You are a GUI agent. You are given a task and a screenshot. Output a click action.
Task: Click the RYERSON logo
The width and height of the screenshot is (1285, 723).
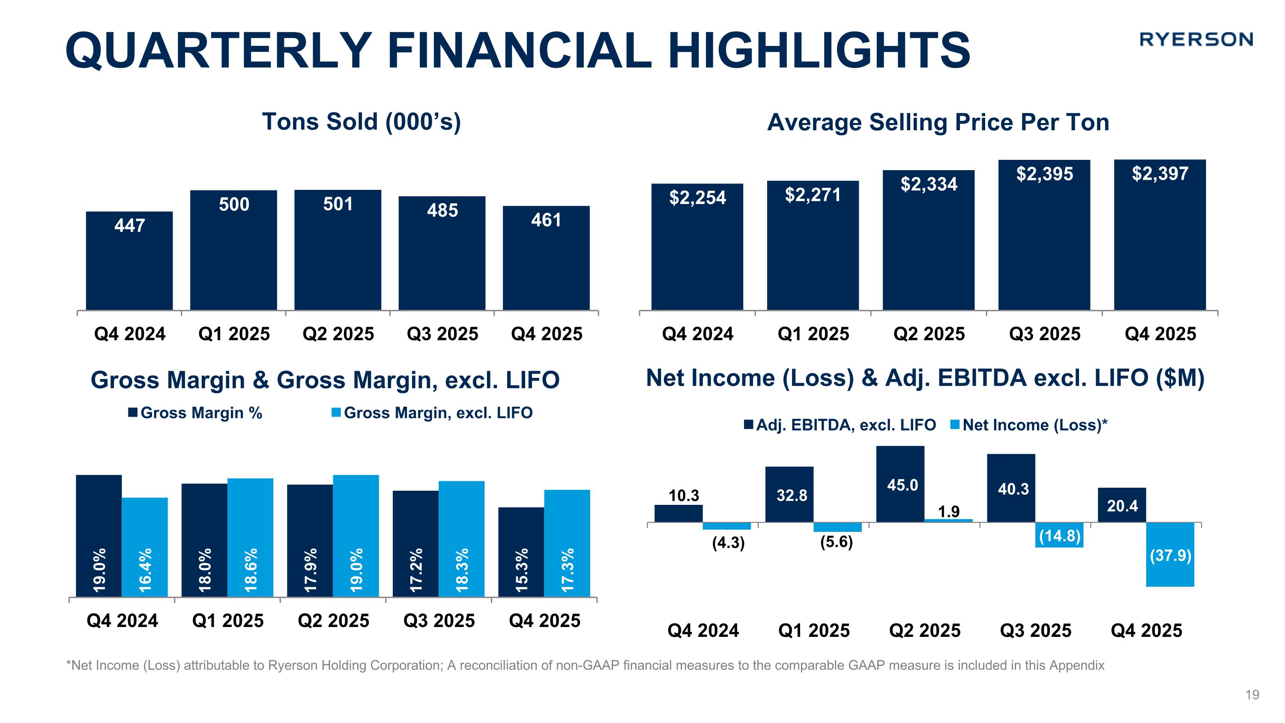(x=1196, y=39)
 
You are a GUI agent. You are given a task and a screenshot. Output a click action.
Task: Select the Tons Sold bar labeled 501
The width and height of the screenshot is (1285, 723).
(x=338, y=249)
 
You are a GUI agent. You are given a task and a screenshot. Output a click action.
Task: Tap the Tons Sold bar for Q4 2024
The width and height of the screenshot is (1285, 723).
(x=129, y=261)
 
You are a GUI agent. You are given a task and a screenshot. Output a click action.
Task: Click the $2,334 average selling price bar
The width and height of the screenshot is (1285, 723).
(x=928, y=240)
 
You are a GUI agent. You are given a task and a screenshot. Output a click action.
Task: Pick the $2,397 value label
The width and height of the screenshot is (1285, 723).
(x=1160, y=174)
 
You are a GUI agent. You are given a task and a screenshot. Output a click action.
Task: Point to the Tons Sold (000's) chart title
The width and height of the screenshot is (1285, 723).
(x=362, y=122)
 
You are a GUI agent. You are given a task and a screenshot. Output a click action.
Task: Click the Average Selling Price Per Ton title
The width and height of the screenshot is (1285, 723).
(x=938, y=123)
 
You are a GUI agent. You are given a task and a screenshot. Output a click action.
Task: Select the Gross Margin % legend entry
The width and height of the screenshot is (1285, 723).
(x=196, y=413)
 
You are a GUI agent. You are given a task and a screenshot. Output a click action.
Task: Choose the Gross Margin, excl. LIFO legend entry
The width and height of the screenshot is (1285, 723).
(x=433, y=413)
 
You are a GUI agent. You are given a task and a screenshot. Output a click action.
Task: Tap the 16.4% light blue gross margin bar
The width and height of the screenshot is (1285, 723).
(x=145, y=546)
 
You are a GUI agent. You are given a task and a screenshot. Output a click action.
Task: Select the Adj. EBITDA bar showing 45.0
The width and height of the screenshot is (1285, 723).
(x=900, y=484)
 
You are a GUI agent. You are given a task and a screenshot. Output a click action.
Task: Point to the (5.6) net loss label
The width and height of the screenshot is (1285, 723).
(x=837, y=541)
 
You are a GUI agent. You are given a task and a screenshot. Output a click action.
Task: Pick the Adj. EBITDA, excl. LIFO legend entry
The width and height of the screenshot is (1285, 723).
(x=840, y=425)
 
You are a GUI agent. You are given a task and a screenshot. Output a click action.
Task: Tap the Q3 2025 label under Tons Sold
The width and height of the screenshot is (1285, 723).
(x=442, y=334)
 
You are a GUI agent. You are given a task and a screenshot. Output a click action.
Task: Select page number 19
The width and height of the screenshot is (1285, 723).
(x=1252, y=695)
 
